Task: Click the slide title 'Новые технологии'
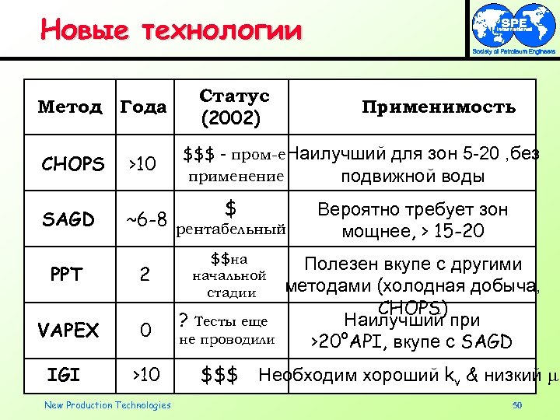point(170,30)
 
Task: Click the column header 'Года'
point(142,107)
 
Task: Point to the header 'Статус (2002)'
point(233,107)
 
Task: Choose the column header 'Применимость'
point(439,107)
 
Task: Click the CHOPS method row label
point(72,164)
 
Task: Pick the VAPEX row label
point(68,331)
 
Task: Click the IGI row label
point(64,376)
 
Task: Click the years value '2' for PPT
point(144,275)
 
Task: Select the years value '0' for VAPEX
point(145,331)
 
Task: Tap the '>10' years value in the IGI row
point(144,376)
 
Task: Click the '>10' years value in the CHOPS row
point(142,164)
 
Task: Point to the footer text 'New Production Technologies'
point(107,404)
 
